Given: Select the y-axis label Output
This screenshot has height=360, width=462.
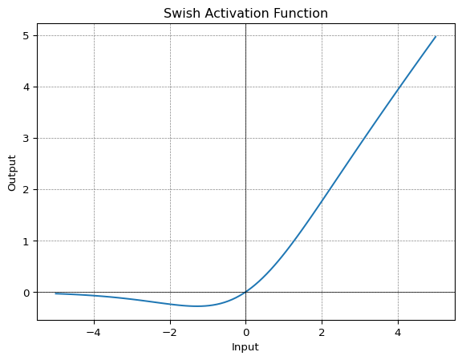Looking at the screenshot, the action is [12, 173].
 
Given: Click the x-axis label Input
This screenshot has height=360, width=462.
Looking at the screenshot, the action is [245, 347].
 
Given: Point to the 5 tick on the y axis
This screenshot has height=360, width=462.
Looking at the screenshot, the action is [26, 36].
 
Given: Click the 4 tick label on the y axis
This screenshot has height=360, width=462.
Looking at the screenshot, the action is [26, 87].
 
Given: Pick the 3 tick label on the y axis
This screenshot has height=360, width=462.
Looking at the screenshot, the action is [26, 139].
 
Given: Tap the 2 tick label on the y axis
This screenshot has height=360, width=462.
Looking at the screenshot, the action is [26, 190].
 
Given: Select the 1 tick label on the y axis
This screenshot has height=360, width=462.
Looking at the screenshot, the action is [26, 241].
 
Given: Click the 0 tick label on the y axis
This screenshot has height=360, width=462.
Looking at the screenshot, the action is [26, 293].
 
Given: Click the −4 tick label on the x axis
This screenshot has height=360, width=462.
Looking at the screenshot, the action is [94, 333].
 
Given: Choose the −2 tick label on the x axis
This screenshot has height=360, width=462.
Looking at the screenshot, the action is [170, 333].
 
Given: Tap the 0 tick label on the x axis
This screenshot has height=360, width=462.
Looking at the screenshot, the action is [246, 333].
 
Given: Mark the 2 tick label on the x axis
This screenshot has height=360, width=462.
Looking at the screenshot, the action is [322, 333].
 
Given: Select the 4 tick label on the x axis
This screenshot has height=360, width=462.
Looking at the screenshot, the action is [398, 333].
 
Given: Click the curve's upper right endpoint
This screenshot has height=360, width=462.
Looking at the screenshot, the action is [436, 36].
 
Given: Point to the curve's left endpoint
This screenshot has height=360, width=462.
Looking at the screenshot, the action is [55, 293].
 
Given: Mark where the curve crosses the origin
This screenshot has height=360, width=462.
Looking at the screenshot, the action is [245, 292].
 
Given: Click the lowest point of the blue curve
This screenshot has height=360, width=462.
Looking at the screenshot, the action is [197, 306].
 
